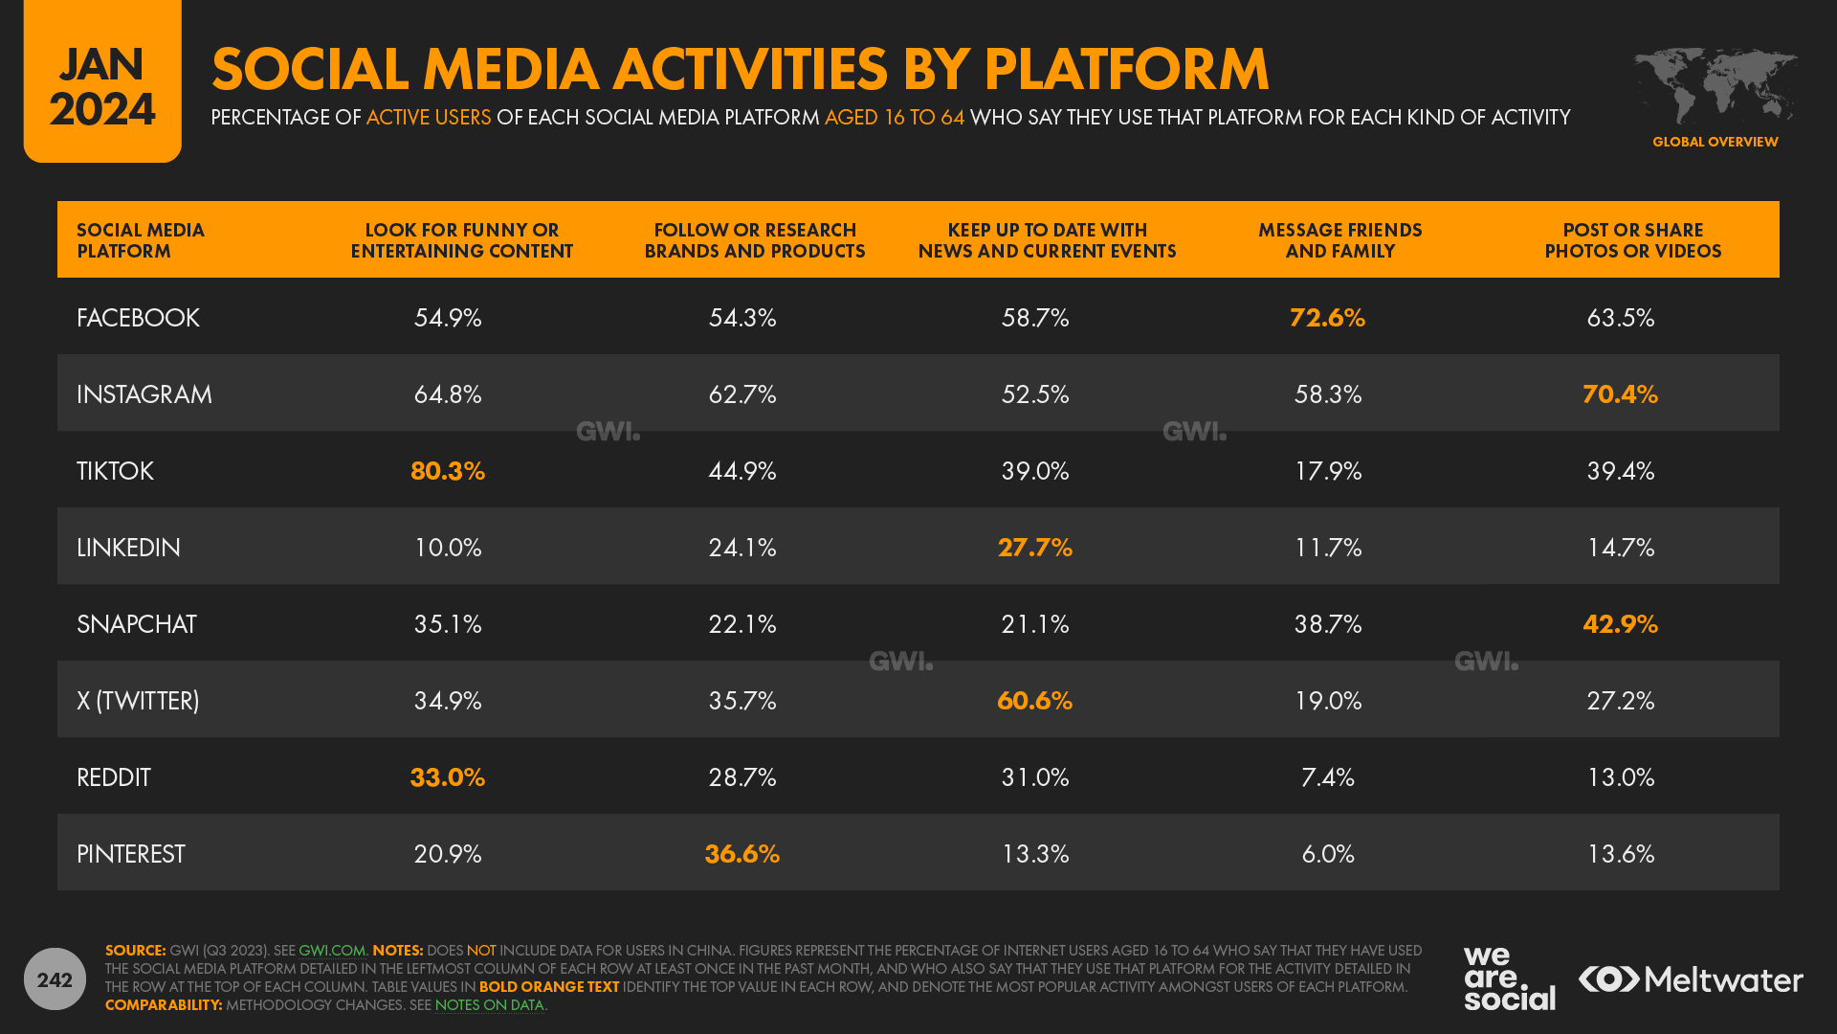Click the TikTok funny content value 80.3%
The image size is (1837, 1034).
[x=448, y=471]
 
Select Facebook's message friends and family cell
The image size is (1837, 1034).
[x=1327, y=318]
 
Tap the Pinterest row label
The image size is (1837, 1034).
[x=131, y=854]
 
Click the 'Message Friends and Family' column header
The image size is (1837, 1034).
[x=1339, y=240]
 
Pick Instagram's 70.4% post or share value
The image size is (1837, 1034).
[x=1620, y=394]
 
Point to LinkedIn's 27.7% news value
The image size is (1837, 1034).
[x=1034, y=548]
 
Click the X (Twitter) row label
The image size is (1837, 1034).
[x=138, y=701]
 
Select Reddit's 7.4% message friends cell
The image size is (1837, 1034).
[x=1327, y=777]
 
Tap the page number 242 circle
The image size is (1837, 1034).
[x=55, y=978]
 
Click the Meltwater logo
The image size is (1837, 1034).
[x=1691, y=979]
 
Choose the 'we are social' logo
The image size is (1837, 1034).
[x=1508, y=978]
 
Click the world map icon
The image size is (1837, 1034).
[x=1715, y=86]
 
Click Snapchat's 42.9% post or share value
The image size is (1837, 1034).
[x=1620, y=624]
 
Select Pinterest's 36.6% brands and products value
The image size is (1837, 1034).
[x=741, y=854]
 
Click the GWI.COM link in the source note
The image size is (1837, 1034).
[x=332, y=951]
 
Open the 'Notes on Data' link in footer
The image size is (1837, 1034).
[x=489, y=1005]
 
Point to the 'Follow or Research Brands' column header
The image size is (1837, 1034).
[x=754, y=240]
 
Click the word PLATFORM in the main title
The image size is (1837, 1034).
[x=1126, y=70]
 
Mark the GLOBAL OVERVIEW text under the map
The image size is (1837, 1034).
[x=1715, y=142]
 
